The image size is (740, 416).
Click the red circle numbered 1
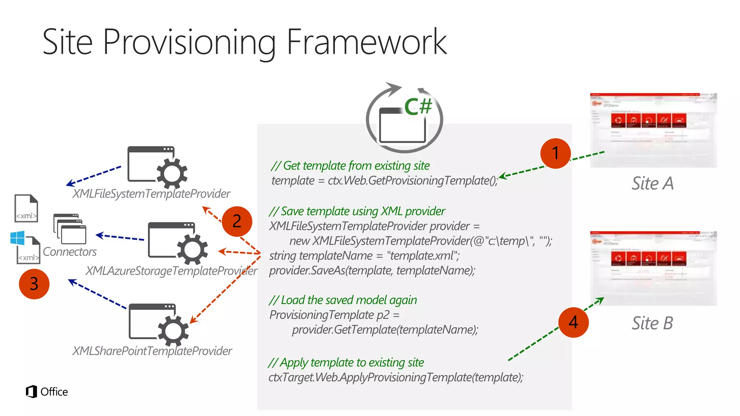555,153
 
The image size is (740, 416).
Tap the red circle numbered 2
237,221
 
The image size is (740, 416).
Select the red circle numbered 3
34,284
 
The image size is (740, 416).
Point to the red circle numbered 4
573,322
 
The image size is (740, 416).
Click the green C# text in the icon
418,107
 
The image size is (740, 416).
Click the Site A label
653,183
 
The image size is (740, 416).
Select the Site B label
653,323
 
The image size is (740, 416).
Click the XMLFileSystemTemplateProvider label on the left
151,194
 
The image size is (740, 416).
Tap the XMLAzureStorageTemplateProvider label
171,271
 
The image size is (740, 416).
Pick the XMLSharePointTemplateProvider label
152,351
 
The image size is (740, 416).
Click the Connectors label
69,252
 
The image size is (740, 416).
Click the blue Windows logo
17,238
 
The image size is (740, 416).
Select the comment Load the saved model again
343,300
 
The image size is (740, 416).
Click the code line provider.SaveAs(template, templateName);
372,270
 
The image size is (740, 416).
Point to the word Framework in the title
366,42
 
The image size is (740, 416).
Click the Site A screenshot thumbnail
653,130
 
